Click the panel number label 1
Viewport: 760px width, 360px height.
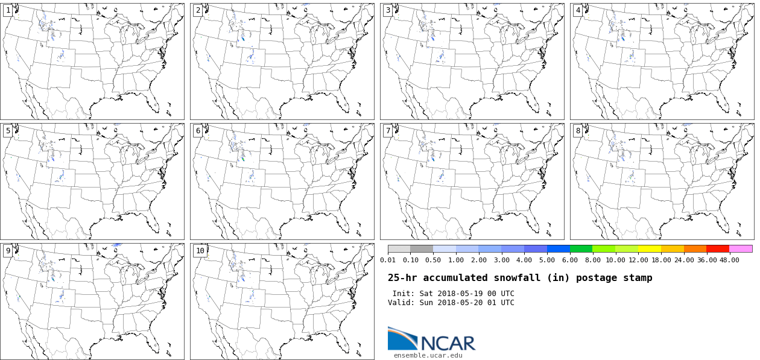click(x=8, y=10)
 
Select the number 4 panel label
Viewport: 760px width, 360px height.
click(x=578, y=10)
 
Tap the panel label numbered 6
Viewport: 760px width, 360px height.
click(x=198, y=131)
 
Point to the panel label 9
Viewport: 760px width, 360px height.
click(x=8, y=251)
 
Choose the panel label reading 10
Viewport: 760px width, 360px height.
click(x=200, y=251)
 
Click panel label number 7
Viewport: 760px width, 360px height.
click(x=388, y=131)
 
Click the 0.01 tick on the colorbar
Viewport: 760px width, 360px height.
click(x=388, y=260)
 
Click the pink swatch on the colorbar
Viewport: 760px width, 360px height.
click(x=741, y=248)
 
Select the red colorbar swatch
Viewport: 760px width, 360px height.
click(x=718, y=248)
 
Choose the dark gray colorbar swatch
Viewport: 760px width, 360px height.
click(x=422, y=248)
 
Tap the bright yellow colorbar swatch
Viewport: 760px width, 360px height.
click(x=650, y=248)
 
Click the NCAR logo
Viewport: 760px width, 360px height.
click(x=431, y=339)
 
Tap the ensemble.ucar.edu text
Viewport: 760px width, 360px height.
click(x=428, y=355)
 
